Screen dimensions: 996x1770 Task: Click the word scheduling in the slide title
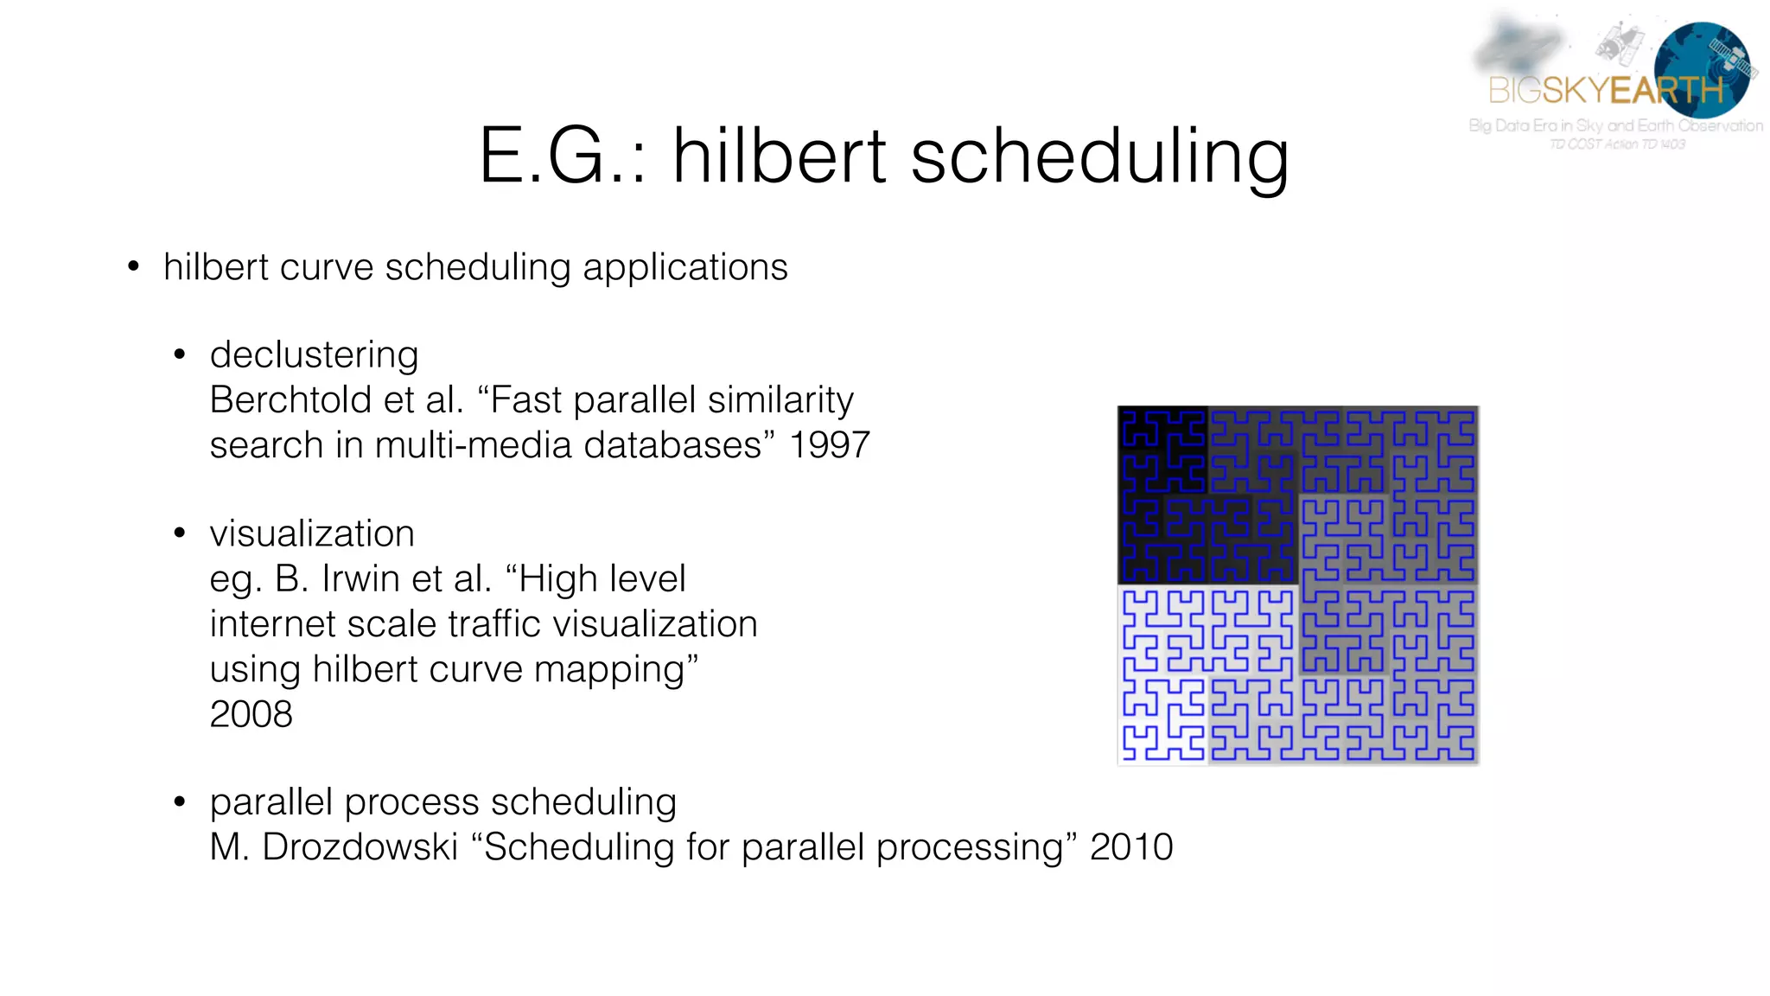[x=1099, y=157]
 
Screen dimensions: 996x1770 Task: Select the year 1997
[x=829, y=445]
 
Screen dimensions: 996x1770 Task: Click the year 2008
[x=251, y=714]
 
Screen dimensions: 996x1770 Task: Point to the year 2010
[x=1131, y=847]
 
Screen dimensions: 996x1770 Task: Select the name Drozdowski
[x=360, y=847]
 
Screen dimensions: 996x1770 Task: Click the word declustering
[x=314, y=355]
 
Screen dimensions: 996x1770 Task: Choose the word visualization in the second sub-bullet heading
[x=312, y=534]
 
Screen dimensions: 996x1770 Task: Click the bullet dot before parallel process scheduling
[x=180, y=802]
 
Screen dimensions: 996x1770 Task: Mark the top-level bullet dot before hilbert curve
[x=133, y=267]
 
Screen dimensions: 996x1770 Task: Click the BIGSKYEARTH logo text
[x=1605, y=90]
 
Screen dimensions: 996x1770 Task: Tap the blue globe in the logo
[x=1701, y=69]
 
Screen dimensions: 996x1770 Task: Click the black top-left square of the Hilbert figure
[x=1162, y=450]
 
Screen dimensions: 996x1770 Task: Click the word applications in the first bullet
[x=685, y=267]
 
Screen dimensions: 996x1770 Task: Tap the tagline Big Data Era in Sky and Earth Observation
[x=1615, y=126]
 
